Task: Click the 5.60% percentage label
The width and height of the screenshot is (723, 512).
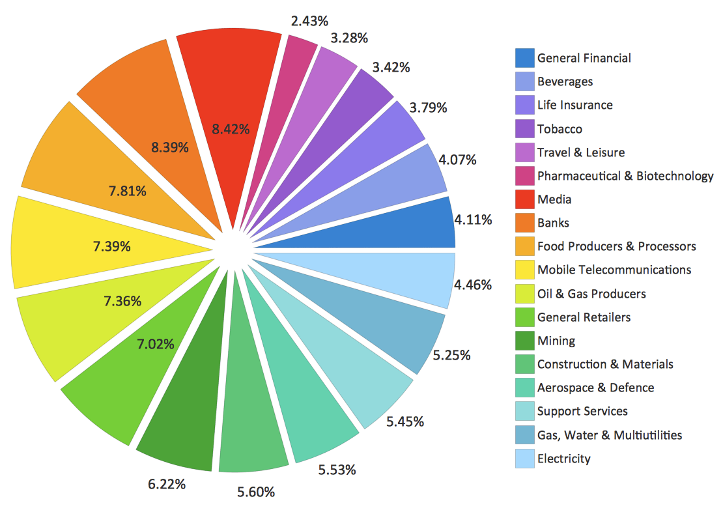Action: [x=257, y=492]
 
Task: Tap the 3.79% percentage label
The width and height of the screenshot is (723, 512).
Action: [x=428, y=107]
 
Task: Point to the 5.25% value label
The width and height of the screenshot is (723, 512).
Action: [x=452, y=355]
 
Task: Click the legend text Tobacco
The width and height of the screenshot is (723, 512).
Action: [x=560, y=129]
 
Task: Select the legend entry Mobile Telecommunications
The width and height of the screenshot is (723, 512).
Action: [x=614, y=270]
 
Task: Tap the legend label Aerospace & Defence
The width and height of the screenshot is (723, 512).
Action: [x=595, y=388]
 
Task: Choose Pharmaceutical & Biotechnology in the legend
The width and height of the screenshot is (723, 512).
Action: [x=625, y=176]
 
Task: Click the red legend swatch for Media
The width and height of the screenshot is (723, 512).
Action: [x=524, y=199]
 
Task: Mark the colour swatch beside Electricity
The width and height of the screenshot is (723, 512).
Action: [x=524, y=459]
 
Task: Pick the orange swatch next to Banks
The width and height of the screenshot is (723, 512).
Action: [x=524, y=223]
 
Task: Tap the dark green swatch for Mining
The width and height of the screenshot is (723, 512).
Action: [x=524, y=341]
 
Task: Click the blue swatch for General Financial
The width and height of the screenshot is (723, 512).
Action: [x=524, y=58]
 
